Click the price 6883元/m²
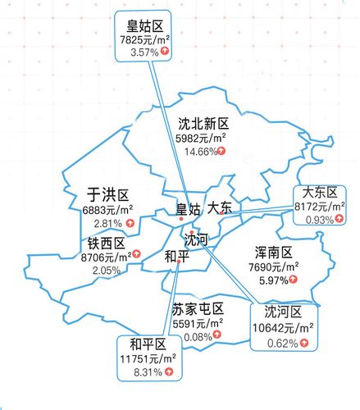[x=107, y=210]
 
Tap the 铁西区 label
[x=107, y=244]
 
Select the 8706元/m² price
[x=107, y=257]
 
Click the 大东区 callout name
[x=319, y=193]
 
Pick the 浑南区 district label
[x=274, y=253]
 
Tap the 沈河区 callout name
[x=284, y=312]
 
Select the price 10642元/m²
[x=284, y=328]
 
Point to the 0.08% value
[x=198, y=336]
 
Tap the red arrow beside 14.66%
[x=221, y=152]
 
